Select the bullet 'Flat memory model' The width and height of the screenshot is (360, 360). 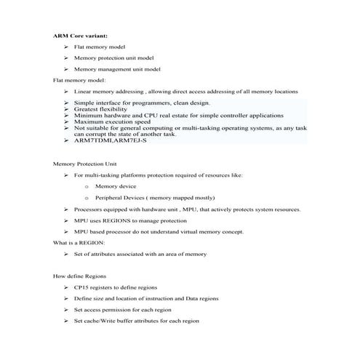tap(100, 46)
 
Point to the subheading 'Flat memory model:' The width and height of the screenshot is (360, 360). tap(80, 80)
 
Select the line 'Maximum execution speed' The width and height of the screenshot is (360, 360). tap(113, 121)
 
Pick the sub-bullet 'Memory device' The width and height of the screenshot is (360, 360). tap(116, 186)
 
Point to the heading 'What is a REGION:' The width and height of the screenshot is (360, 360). tap(79, 241)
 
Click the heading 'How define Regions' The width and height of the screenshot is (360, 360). tap(81, 277)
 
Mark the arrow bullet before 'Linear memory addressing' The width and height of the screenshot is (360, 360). tap(66, 92)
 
